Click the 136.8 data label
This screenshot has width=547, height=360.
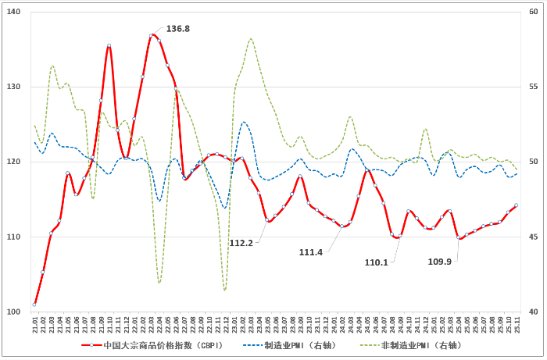(177, 29)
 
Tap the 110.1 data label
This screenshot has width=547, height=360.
(377, 262)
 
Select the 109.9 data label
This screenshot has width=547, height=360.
(439, 261)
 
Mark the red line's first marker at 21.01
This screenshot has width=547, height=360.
(35, 304)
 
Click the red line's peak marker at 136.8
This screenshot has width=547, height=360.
(152, 36)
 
